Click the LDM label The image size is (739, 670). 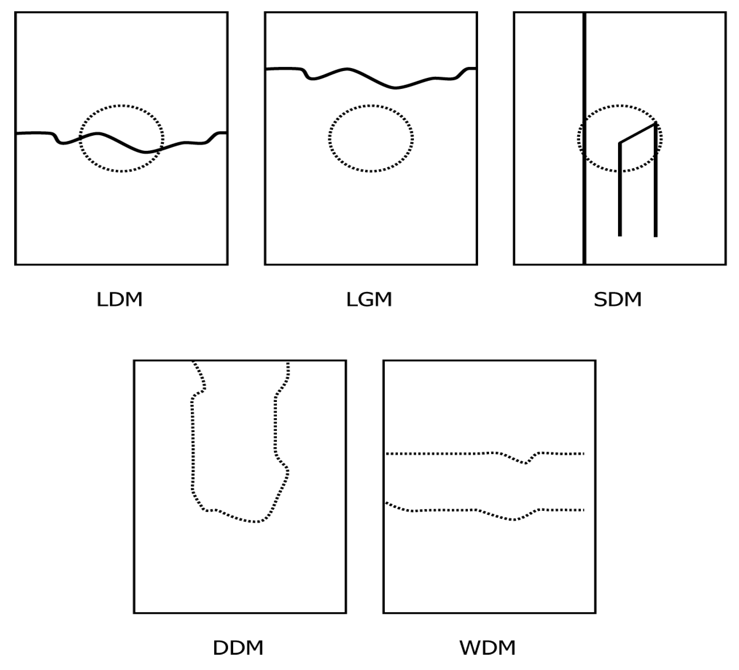point(120,299)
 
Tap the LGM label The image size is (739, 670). point(369,299)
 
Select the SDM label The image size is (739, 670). point(618,299)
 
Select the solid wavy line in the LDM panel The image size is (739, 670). point(121,143)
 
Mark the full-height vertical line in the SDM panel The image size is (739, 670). point(584,138)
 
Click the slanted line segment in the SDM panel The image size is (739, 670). point(637,133)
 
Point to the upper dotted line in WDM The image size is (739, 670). point(485,454)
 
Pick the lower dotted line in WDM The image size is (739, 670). point(485,510)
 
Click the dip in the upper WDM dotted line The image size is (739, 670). point(525,464)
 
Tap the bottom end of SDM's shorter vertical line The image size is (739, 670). point(620,236)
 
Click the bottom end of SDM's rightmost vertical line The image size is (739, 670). point(656,237)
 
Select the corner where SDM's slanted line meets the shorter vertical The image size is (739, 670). point(620,143)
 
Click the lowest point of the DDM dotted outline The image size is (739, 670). point(255,522)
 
